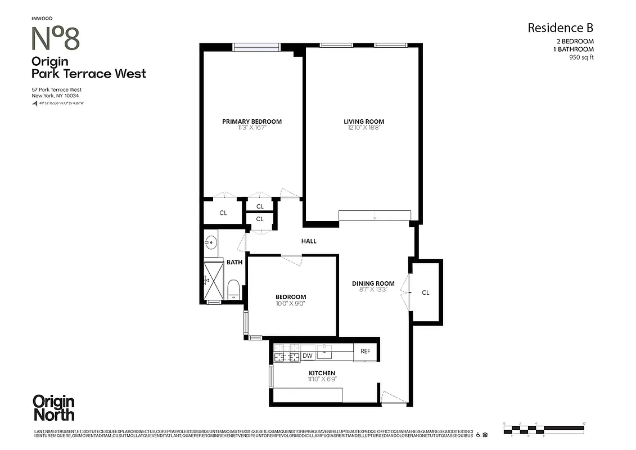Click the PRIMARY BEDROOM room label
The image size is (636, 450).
coord(252,121)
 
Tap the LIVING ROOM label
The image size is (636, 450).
coord(364,121)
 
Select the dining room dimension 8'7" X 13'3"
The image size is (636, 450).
coord(373,290)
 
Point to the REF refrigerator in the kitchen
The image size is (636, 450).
coord(365,352)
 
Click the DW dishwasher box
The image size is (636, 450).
coord(308,355)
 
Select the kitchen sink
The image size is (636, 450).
coord(324,352)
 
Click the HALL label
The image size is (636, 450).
coord(309,241)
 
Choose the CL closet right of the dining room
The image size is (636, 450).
coord(426,292)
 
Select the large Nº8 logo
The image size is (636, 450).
coord(55,39)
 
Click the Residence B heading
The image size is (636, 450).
coord(560,28)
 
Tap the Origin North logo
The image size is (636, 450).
coord(53,408)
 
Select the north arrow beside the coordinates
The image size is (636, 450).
coord(34,103)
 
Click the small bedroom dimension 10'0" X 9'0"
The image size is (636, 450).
coord(291,304)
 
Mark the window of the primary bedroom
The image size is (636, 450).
coord(256,47)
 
